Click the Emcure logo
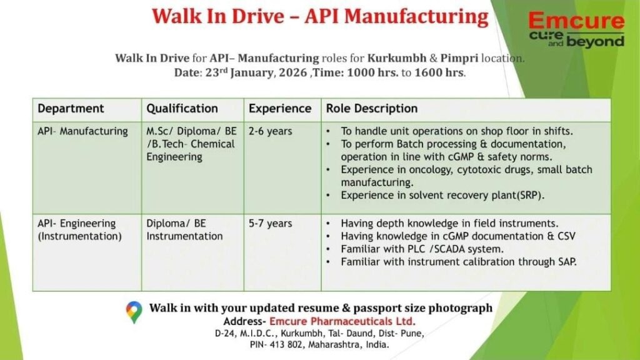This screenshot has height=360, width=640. point(576,29)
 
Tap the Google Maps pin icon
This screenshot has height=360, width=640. point(134,312)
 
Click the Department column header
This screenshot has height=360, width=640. point(71,109)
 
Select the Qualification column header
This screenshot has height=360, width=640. point(182,109)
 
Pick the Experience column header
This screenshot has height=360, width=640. point(280,109)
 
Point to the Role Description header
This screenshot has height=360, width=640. point(371,109)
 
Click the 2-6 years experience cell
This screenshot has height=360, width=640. point(270,131)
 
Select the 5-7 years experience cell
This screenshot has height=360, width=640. point(270,224)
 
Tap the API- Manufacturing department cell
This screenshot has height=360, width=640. point(82,131)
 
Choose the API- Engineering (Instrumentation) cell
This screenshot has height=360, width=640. point(79,230)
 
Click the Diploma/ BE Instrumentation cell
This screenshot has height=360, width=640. point(184,230)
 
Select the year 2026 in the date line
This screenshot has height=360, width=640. point(292,72)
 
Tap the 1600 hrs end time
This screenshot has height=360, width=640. point(440,72)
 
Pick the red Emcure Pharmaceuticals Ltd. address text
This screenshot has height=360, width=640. point(342,321)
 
